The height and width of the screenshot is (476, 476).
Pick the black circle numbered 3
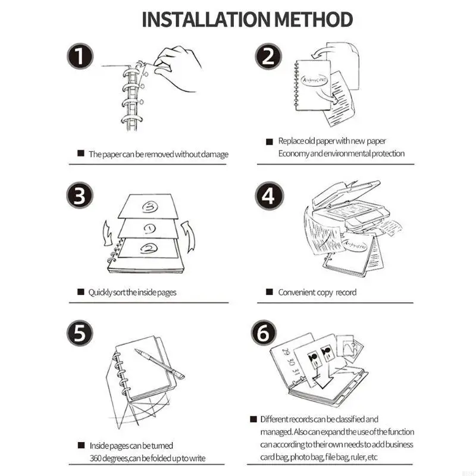[80, 195]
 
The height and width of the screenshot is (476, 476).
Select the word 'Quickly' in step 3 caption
[100, 292]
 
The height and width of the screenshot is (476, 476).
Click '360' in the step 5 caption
[97, 458]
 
